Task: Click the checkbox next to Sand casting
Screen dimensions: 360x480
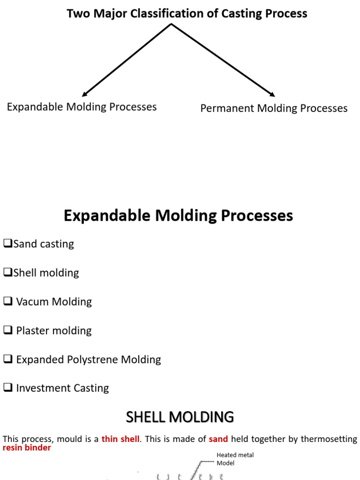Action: (x=8, y=243)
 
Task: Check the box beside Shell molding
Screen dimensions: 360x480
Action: (x=8, y=272)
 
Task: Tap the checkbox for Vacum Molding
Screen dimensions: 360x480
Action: (x=8, y=301)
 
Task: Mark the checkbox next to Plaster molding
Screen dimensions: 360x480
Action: (x=8, y=330)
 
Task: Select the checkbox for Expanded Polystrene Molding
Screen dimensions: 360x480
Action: (x=8, y=359)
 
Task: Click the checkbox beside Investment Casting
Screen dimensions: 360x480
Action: (x=8, y=388)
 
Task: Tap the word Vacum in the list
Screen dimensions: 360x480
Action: (x=32, y=301)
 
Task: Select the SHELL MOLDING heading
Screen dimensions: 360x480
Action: (x=180, y=417)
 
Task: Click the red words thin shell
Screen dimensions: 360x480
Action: (x=120, y=439)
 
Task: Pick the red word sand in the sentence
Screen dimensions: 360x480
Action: (x=218, y=439)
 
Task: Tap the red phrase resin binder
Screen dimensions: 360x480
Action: (x=27, y=448)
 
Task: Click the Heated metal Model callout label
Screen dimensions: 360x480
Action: (x=235, y=459)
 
